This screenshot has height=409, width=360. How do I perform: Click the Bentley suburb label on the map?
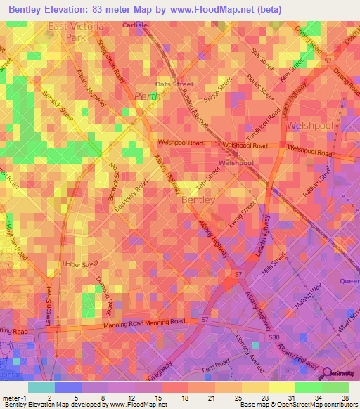pyautogui.click(x=195, y=200)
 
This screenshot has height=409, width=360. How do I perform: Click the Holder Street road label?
pyautogui.click(x=82, y=265)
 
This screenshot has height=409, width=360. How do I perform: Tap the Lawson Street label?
pyautogui.click(x=50, y=306)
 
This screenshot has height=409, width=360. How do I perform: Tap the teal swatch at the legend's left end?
pyautogui.click(x=41, y=387)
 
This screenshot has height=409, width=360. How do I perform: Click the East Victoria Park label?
pyautogui.click(x=75, y=32)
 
